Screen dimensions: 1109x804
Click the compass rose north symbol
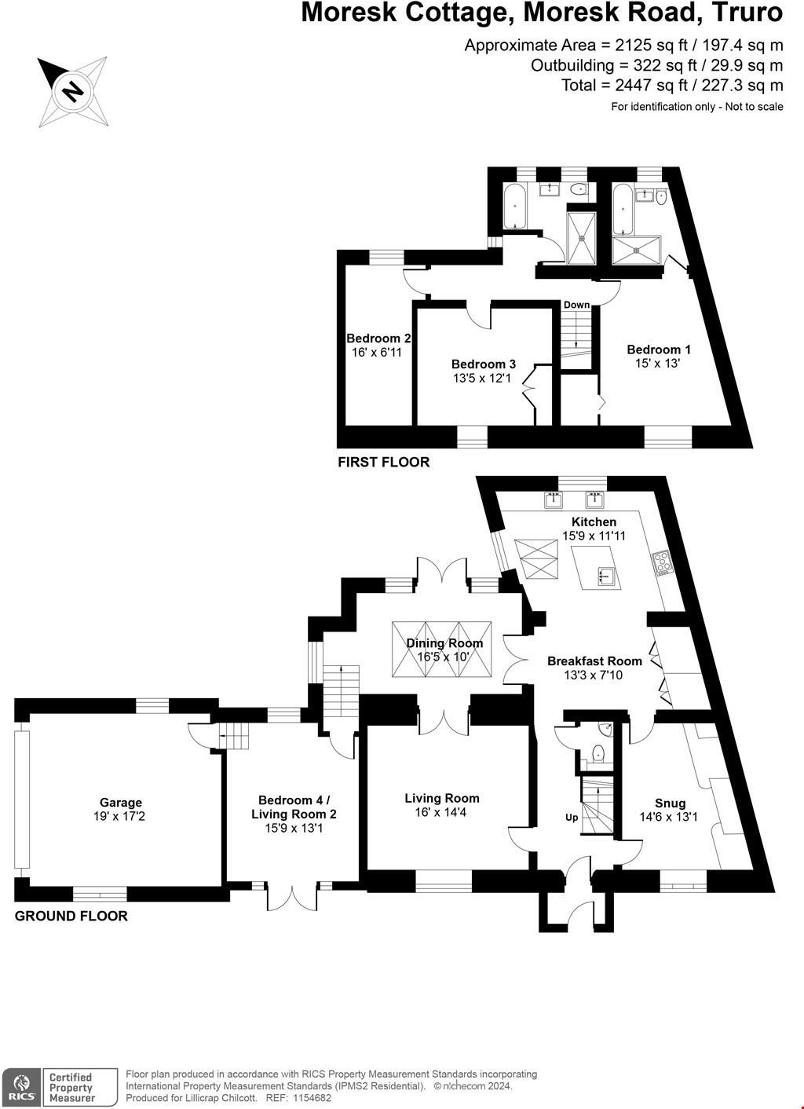(x=72, y=91)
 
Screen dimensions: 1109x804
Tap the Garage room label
(x=120, y=802)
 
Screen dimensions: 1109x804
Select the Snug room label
(x=670, y=803)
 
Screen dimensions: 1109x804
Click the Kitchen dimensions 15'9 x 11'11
(x=594, y=536)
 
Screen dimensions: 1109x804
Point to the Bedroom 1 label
(x=658, y=350)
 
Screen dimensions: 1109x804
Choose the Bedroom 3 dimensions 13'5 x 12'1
(x=483, y=378)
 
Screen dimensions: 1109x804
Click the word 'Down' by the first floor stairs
(x=576, y=305)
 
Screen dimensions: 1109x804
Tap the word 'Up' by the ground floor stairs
(x=572, y=817)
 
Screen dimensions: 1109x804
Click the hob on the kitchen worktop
(x=662, y=562)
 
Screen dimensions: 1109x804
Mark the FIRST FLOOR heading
(x=383, y=462)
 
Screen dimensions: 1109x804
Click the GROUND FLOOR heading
(x=71, y=916)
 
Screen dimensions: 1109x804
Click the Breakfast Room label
(x=594, y=661)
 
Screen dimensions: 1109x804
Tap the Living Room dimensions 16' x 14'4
(x=442, y=812)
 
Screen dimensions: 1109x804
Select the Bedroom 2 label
(x=378, y=339)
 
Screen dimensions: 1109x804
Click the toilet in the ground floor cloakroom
(x=598, y=753)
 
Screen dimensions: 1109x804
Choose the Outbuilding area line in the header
(x=656, y=65)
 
